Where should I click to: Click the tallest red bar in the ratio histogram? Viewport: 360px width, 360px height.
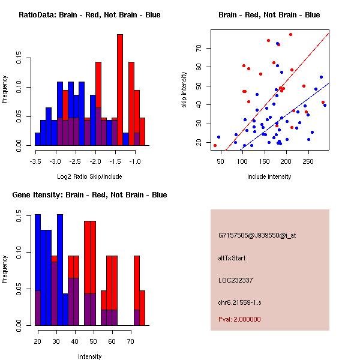(x=119, y=90)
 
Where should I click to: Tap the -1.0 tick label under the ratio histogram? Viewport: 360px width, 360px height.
(x=135, y=161)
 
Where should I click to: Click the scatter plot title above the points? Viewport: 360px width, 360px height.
(x=269, y=15)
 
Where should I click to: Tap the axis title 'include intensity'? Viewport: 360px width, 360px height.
(x=269, y=176)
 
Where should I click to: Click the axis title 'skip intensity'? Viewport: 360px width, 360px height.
(x=185, y=90)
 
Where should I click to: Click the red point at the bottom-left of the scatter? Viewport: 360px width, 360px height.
(x=215, y=145)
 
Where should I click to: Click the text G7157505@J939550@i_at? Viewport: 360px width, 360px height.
(x=257, y=235)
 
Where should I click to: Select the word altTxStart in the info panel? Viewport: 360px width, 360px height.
(x=232, y=258)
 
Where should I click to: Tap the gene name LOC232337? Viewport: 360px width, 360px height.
(x=236, y=280)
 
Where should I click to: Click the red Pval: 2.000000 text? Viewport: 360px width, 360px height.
(x=239, y=319)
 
